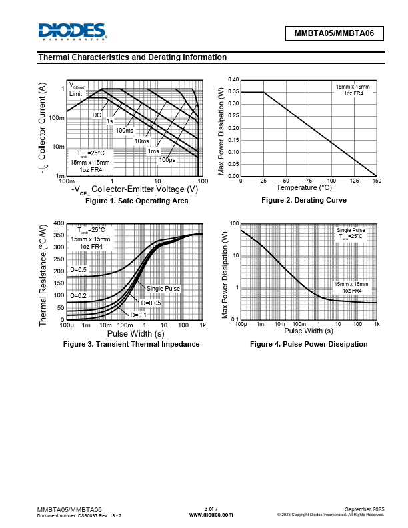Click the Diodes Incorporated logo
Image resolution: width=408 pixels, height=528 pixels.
(x=71, y=31)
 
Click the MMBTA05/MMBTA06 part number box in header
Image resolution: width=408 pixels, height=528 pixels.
(x=335, y=33)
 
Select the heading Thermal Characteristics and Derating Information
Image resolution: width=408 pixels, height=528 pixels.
(x=133, y=57)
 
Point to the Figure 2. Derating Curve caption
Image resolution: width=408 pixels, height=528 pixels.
(x=303, y=200)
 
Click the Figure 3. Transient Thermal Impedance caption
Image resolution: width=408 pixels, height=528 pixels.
(x=131, y=344)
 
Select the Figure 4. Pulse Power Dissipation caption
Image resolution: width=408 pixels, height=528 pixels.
(x=308, y=344)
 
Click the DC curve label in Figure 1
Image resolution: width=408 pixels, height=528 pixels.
(x=97, y=115)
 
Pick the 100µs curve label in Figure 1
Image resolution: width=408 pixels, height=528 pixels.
(x=167, y=160)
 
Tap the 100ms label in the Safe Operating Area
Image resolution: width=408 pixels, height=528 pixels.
(x=125, y=131)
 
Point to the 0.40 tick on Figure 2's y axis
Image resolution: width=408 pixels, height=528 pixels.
(x=233, y=80)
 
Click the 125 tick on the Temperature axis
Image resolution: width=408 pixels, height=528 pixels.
(x=354, y=181)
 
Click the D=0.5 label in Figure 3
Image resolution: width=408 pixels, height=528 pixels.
(x=79, y=270)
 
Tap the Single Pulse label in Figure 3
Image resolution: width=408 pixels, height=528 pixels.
(x=163, y=288)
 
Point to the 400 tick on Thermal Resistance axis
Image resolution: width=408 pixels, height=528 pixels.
(x=59, y=223)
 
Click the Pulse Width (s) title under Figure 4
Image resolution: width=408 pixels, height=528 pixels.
(x=308, y=331)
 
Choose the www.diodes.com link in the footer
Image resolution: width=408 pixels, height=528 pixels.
(x=211, y=515)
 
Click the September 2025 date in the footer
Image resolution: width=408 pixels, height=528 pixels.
(x=364, y=509)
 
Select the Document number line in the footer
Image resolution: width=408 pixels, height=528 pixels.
(x=79, y=515)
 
